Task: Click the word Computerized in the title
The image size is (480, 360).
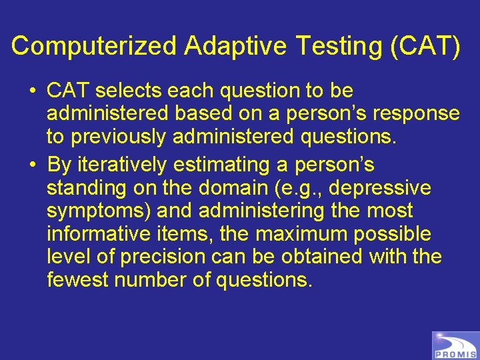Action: point(95,47)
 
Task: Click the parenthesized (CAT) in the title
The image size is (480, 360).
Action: point(421,47)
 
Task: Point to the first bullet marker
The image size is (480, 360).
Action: point(33,91)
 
